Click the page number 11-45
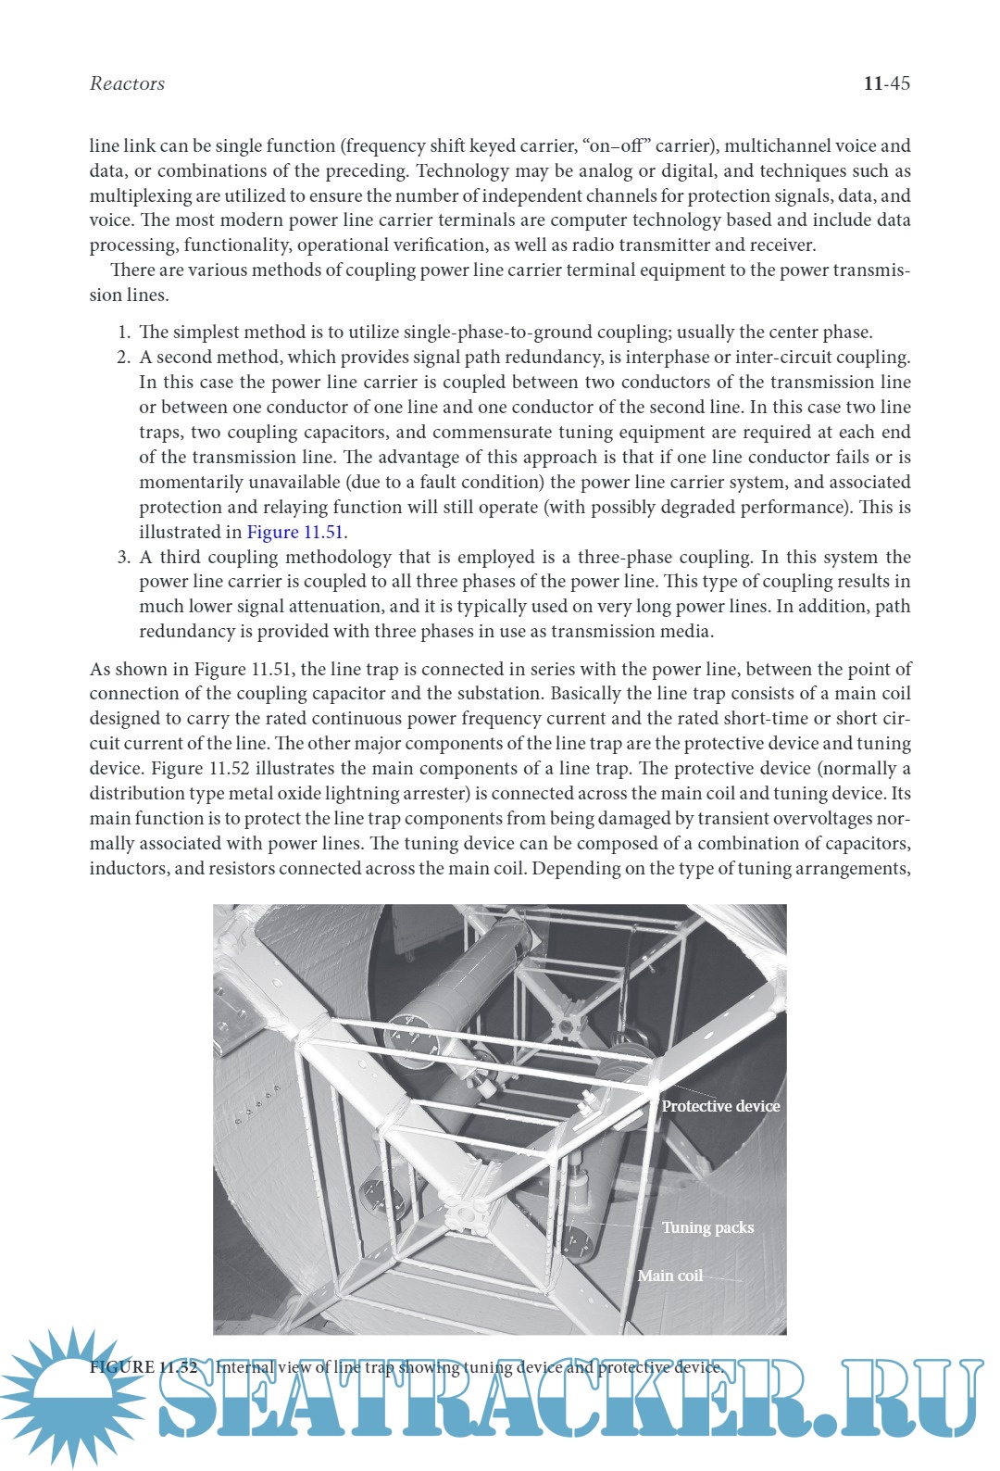coord(886,83)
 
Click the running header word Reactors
coord(127,83)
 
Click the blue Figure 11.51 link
coord(295,533)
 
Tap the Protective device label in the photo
coord(720,1106)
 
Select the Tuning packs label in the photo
coord(707,1227)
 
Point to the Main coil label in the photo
coord(669,1276)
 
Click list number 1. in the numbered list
coord(124,333)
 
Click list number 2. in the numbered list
coord(124,358)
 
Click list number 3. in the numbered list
coord(124,558)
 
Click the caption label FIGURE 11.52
coord(144,1367)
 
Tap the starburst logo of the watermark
coord(69,1394)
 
